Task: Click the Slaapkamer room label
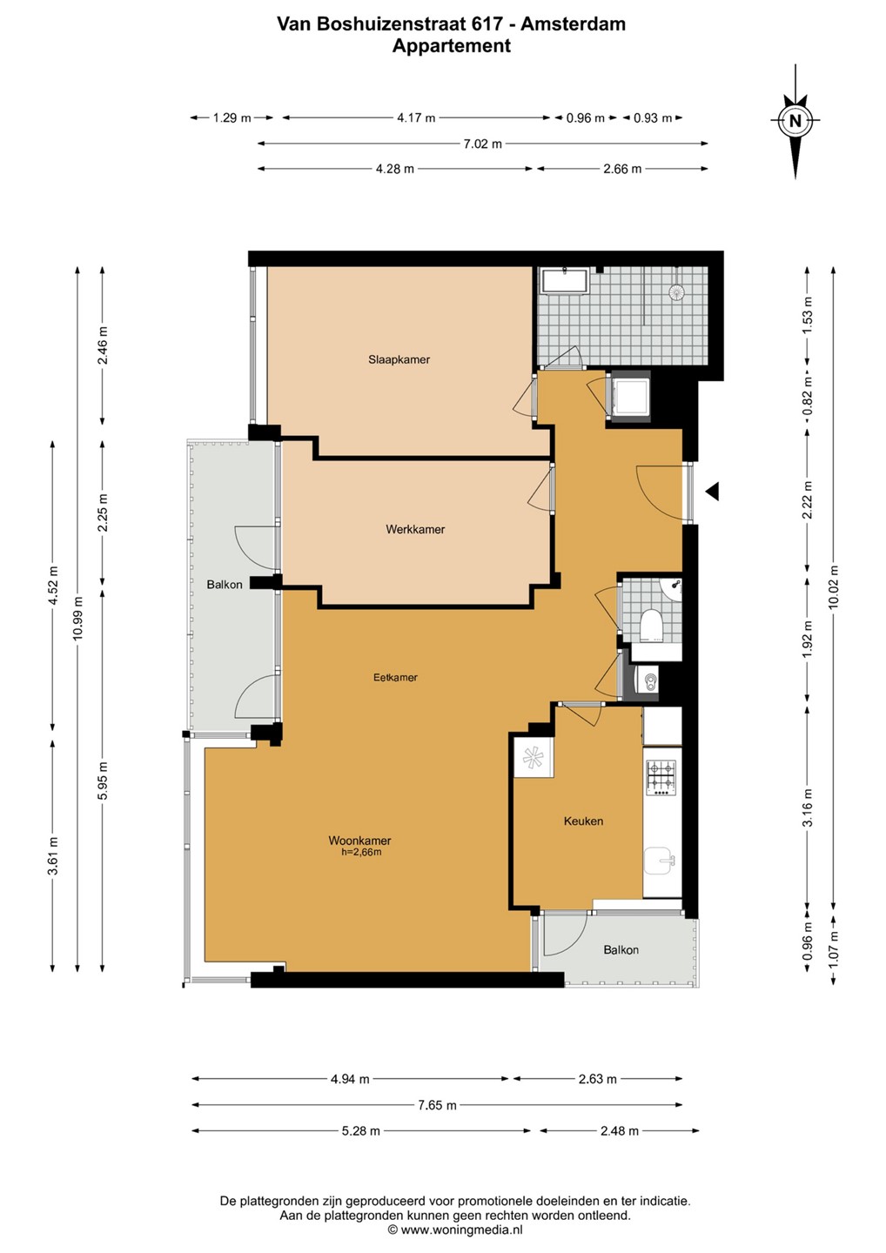pos(399,359)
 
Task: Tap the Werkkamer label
pos(415,529)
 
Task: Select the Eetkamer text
pos(395,677)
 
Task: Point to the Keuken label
pos(583,821)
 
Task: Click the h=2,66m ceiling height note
pos(361,853)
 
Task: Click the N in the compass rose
pos(795,120)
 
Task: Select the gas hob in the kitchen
pos(661,778)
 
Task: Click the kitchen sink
pos(660,861)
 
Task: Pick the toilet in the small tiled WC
pos(651,624)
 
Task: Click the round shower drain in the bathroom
pos(677,291)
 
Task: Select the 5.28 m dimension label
pos(361,1127)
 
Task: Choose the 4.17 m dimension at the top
pos(416,118)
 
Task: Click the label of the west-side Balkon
pos(225,585)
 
